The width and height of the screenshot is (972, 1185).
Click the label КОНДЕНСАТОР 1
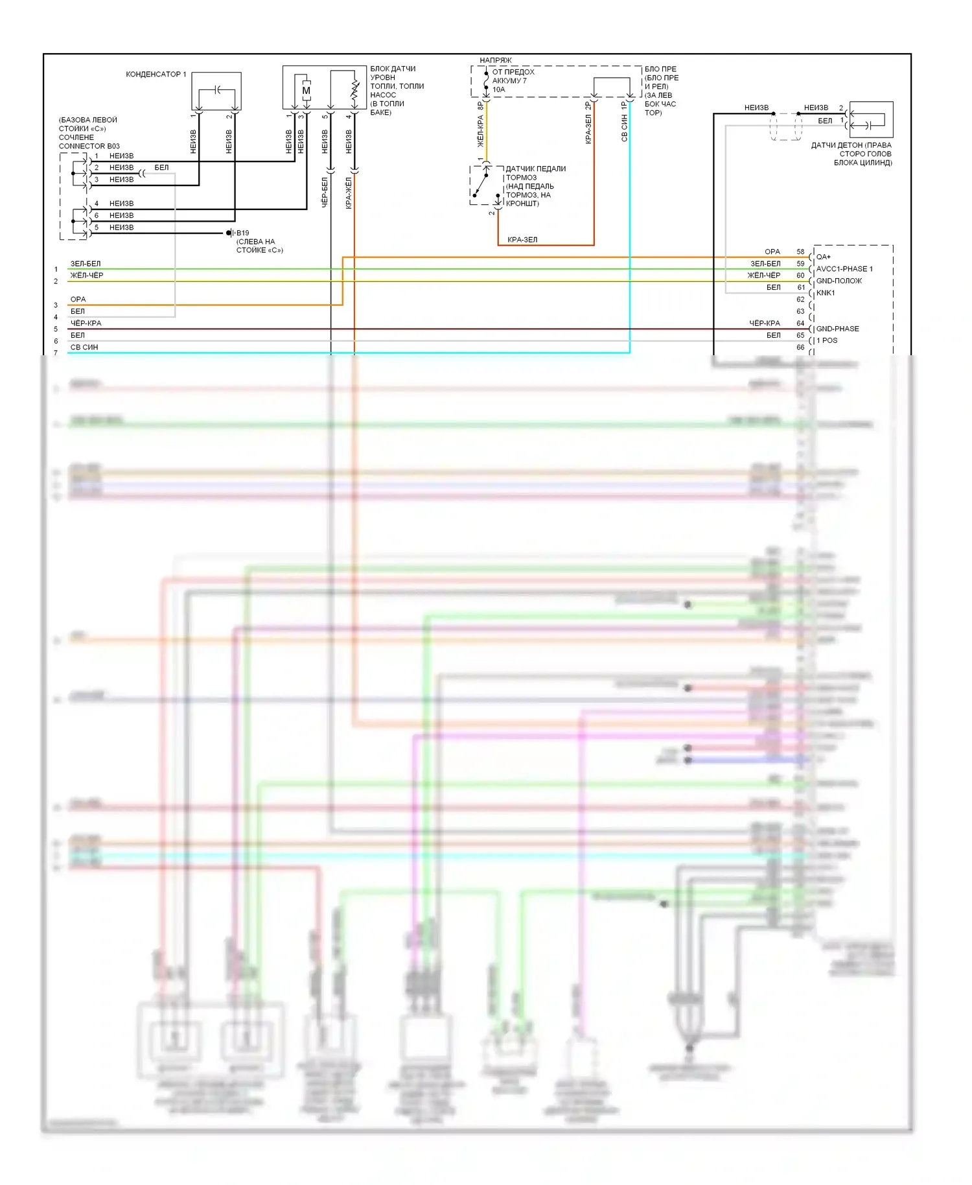click(x=156, y=75)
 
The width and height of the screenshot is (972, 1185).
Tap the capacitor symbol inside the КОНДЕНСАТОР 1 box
click(x=218, y=89)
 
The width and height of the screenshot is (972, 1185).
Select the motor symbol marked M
click(x=306, y=91)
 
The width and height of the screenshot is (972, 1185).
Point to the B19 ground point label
click(x=242, y=233)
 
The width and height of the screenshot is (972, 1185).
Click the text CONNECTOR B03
click(x=89, y=147)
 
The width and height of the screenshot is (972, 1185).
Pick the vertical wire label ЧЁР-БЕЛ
click(x=325, y=193)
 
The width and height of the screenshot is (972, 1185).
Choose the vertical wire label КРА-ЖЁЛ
click(x=349, y=193)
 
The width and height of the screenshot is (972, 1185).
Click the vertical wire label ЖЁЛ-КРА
click(x=480, y=131)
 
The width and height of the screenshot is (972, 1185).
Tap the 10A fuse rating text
click(x=498, y=89)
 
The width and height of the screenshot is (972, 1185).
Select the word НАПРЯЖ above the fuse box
click(x=495, y=60)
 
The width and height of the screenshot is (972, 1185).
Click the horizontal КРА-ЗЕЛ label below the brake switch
click(x=522, y=240)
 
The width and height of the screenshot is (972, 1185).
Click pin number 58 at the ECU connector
click(x=800, y=252)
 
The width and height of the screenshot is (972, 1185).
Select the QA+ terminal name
click(x=824, y=257)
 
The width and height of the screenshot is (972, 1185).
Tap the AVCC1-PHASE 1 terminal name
click(x=844, y=269)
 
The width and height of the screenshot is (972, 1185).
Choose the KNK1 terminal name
click(x=826, y=293)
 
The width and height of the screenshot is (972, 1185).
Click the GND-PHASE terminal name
click(x=837, y=329)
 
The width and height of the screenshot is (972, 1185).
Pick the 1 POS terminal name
click(x=827, y=340)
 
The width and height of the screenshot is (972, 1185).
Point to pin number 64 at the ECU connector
click(x=800, y=323)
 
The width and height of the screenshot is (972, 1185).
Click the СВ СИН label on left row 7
click(x=84, y=347)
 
